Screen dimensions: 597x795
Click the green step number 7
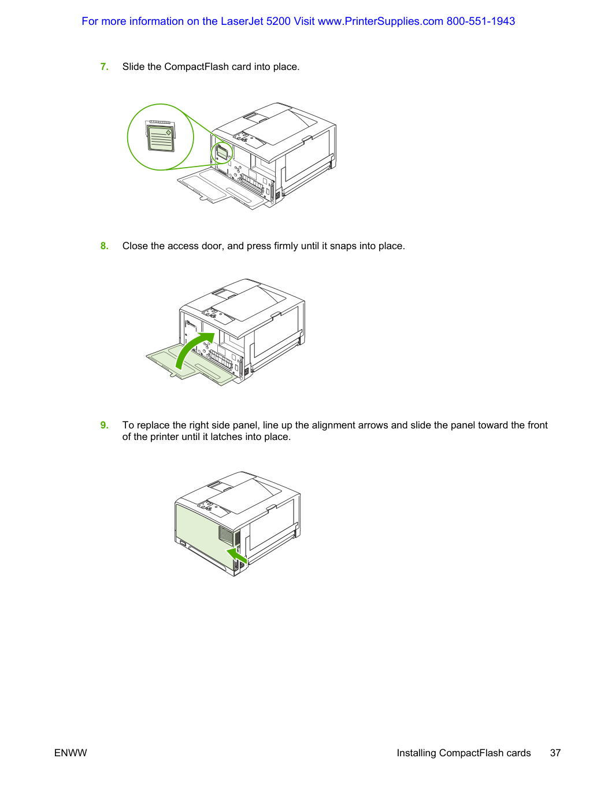104,66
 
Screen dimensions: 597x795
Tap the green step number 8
104,246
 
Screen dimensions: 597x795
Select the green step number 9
104,425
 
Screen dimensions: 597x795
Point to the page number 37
555,753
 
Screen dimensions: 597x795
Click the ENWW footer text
71,753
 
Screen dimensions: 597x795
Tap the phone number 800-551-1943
480,21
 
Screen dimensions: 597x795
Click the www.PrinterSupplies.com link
380,21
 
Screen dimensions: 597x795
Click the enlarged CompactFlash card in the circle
161,138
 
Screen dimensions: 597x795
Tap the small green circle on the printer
222,153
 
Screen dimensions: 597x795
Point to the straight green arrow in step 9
237,555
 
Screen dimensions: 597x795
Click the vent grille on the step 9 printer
227,535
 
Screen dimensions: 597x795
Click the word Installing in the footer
416,753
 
